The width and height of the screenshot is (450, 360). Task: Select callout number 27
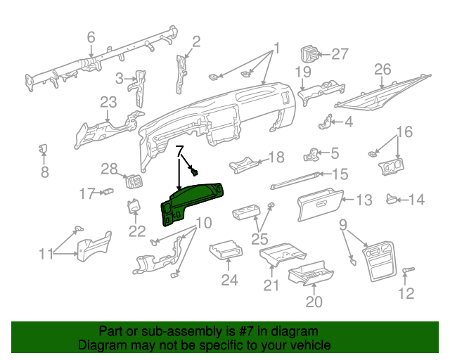click(x=340, y=54)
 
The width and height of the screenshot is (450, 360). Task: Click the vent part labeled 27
click(x=310, y=54)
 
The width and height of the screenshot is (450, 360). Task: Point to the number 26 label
click(x=382, y=69)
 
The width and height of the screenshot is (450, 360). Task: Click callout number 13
click(x=363, y=200)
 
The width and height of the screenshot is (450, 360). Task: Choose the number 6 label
click(x=91, y=37)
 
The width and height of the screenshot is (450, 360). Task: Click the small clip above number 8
click(x=42, y=148)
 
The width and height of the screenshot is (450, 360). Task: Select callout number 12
click(x=406, y=292)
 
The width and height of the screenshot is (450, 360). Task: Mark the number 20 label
click(x=314, y=302)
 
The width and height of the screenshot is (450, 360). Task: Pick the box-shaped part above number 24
click(x=226, y=251)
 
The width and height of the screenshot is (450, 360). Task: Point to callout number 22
click(x=136, y=230)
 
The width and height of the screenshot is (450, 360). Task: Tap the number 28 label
click(x=109, y=168)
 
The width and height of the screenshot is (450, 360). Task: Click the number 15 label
click(x=340, y=174)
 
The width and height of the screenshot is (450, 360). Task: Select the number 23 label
click(x=108, y=103)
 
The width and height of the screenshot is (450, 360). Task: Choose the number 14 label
click(x=417, y=200)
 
